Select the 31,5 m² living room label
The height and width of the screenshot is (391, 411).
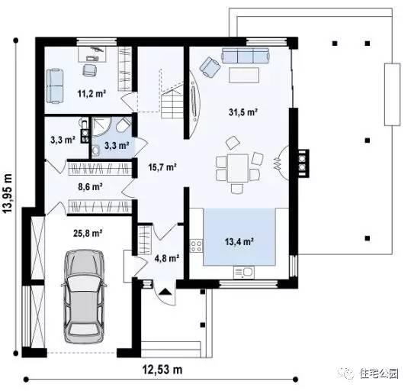pos(242,111)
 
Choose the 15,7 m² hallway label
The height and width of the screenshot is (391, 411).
pos(162,166)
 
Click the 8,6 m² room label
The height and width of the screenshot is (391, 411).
pos(89,186)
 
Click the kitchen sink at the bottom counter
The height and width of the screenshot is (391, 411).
pos(246,271)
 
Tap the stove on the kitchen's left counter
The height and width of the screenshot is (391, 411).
pos(196,246)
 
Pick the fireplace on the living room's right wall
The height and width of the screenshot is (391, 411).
pos(303,159)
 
